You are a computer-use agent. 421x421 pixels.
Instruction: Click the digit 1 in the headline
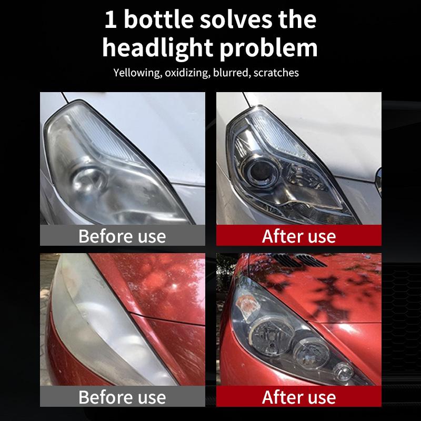(x=111, y=19)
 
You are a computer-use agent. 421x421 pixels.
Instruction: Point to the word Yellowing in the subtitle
(x=137, y=73)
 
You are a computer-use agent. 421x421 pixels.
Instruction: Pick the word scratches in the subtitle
(x=276, y=73)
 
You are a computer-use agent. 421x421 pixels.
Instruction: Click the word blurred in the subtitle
(x=232, y=73)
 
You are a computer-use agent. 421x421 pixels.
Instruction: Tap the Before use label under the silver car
(x=122, y=236)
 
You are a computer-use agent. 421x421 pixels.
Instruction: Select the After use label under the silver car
(x=299, y=236)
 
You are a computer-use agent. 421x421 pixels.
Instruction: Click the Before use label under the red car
(x=122, y=397)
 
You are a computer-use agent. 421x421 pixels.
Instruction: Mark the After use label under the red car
(x=299, y=397)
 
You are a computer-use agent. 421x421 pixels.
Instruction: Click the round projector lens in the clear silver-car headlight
(x=260, y=172)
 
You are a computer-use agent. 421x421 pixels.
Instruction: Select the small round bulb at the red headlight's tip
(x=343, y=371)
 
